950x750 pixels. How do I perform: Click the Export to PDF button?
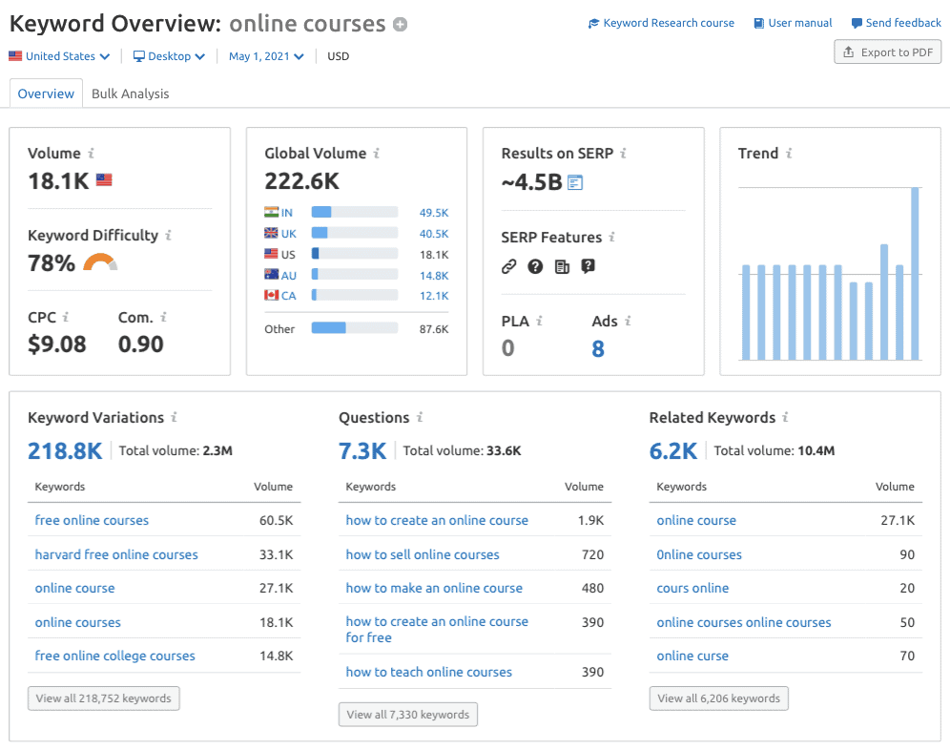[887, 52]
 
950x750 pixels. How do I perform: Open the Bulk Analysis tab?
[130, 94]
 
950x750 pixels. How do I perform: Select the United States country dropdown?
[60, 56]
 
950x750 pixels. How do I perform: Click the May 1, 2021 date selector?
[266, 56]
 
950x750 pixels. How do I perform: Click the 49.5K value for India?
[433, 213]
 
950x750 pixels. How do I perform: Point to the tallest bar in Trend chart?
[915, 274]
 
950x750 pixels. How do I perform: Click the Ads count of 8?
[598, 348]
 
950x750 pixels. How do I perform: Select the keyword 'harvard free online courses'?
[116, 554]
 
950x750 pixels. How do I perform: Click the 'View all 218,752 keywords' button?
[104, 698]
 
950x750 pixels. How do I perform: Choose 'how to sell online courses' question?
[423, 554]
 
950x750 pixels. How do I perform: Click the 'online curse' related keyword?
[692, 656]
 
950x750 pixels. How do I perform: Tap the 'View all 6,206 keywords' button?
[719, 698]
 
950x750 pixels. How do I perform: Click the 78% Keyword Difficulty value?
[52, 263]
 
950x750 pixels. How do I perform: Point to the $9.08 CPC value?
[57, 344]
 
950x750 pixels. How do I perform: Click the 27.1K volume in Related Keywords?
[898, 520]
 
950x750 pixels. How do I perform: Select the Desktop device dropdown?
[169, 56]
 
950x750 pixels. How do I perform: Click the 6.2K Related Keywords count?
[673, 450]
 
